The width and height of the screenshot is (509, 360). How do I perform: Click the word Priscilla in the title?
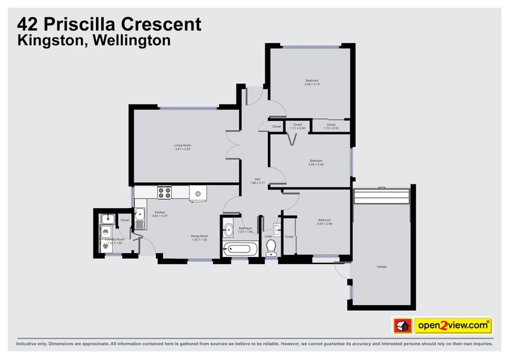click(89, 25)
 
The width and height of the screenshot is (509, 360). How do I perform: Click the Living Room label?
click(183, 146)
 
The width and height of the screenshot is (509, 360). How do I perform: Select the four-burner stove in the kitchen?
click(164, 192)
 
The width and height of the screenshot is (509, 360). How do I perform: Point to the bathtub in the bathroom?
click(238, 249)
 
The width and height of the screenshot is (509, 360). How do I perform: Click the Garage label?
click(381, 267)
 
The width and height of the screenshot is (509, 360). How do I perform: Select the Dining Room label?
click(200, 237)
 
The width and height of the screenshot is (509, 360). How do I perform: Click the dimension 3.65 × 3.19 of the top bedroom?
click(312, 85)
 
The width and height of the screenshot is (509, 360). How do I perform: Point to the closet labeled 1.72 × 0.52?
click(331, 127)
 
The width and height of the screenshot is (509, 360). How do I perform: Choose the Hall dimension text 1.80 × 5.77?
click(258, 183)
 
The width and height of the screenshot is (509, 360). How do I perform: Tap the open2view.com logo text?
click(452, 326)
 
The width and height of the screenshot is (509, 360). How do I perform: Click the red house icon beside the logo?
click(402, 326)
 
